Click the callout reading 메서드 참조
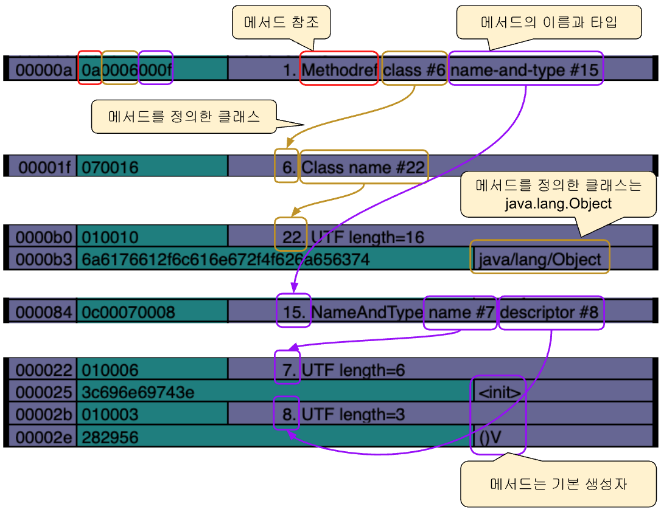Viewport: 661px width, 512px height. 281,22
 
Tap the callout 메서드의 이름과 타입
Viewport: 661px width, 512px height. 549,22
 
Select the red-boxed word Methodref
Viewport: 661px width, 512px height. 340,70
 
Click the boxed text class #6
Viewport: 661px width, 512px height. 414,70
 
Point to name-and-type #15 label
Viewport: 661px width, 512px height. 525,70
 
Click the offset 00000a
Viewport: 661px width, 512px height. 44,70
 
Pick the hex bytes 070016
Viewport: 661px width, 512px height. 110,168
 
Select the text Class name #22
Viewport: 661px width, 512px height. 363,168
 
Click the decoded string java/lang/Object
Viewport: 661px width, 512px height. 540,260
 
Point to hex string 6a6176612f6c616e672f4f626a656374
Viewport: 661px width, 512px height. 226,260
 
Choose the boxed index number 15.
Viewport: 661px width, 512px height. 293,313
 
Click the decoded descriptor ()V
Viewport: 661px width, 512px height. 490,437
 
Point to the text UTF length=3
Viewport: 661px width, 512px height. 353,415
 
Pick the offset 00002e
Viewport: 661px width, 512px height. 44,437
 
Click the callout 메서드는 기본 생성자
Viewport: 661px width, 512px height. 558,484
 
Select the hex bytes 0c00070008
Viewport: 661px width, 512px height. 128,313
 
